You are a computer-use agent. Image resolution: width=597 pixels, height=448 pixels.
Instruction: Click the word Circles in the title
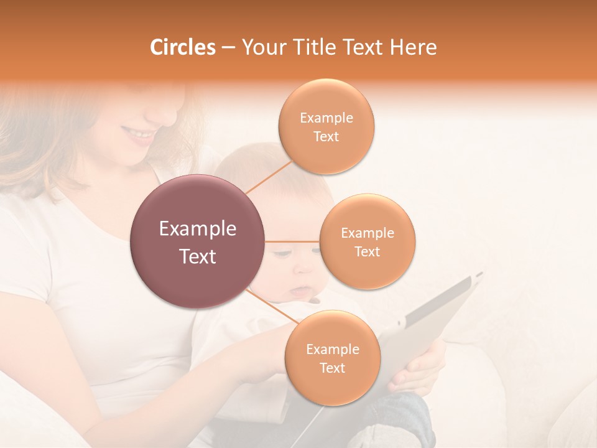tap(183, 47)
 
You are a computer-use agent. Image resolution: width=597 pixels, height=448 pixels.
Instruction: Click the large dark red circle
tap(198, 241)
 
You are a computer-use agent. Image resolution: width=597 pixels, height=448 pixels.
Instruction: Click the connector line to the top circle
tap(269, 177)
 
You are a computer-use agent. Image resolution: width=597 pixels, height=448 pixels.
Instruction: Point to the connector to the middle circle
tap(292, 241)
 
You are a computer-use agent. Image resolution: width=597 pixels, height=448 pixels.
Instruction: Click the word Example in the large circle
tap(198, 229)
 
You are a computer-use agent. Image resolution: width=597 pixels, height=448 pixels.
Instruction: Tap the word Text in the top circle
tap(326, 137)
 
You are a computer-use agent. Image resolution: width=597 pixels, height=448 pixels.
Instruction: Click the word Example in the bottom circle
tap(332, 350)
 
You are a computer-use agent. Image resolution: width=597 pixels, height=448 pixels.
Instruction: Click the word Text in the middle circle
tap(367, 252)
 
